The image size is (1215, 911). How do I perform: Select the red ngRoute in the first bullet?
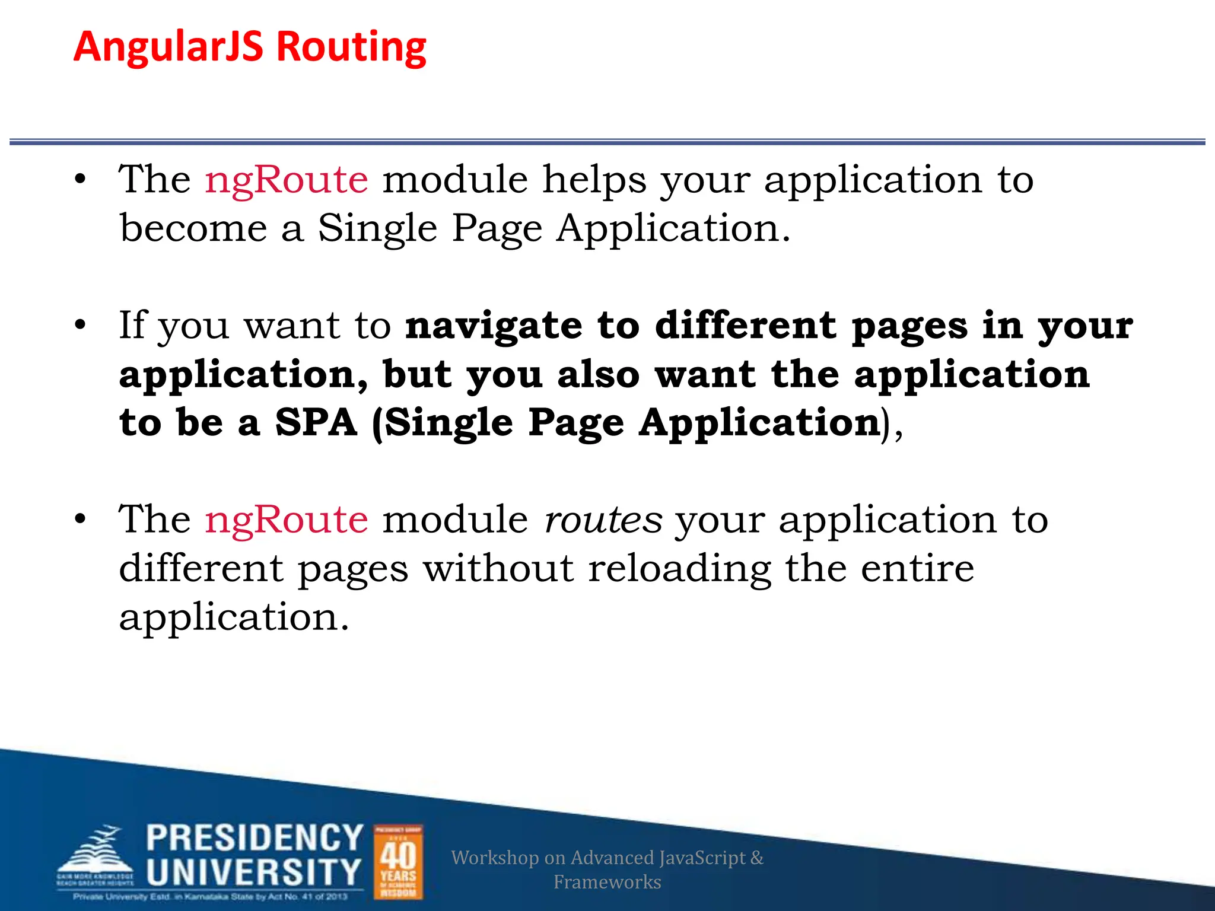tap(286, 180)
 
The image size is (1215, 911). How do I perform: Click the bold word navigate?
tap(494, 327)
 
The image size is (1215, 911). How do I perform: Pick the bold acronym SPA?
tap(316, 423)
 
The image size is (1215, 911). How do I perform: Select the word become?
tap(193, 229)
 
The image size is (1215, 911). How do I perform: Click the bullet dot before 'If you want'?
tap(81, 326)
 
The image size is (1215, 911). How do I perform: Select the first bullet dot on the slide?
tap(81, 179)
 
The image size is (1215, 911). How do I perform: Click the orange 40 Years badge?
tap(398, 862)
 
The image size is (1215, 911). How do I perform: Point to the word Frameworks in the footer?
tap(607, 882)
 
